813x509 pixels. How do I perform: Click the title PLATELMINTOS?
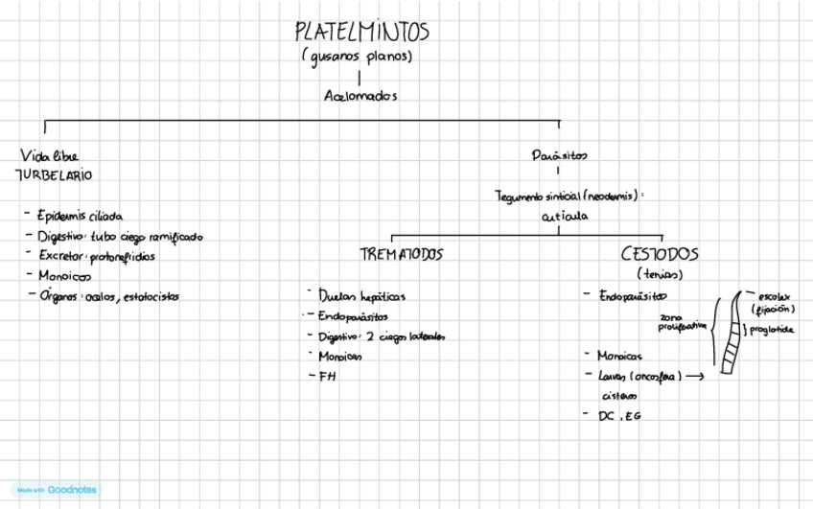pos(361,32)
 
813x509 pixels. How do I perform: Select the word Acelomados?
pos(360,96)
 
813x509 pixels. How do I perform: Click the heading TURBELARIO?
pos(54,175)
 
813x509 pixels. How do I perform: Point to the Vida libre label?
pos(48,155)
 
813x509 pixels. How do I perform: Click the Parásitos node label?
pos(560,155)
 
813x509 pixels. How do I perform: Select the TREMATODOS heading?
pos(402,255)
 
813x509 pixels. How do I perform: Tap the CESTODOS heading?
pos(659,255)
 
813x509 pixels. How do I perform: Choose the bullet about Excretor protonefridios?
pos(96,256)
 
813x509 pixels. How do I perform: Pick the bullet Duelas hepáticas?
pos(361,296)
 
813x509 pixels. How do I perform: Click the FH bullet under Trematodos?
pos(328,376)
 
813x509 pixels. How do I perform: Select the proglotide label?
pos(772,329)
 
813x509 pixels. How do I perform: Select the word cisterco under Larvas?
pos(618,394)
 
